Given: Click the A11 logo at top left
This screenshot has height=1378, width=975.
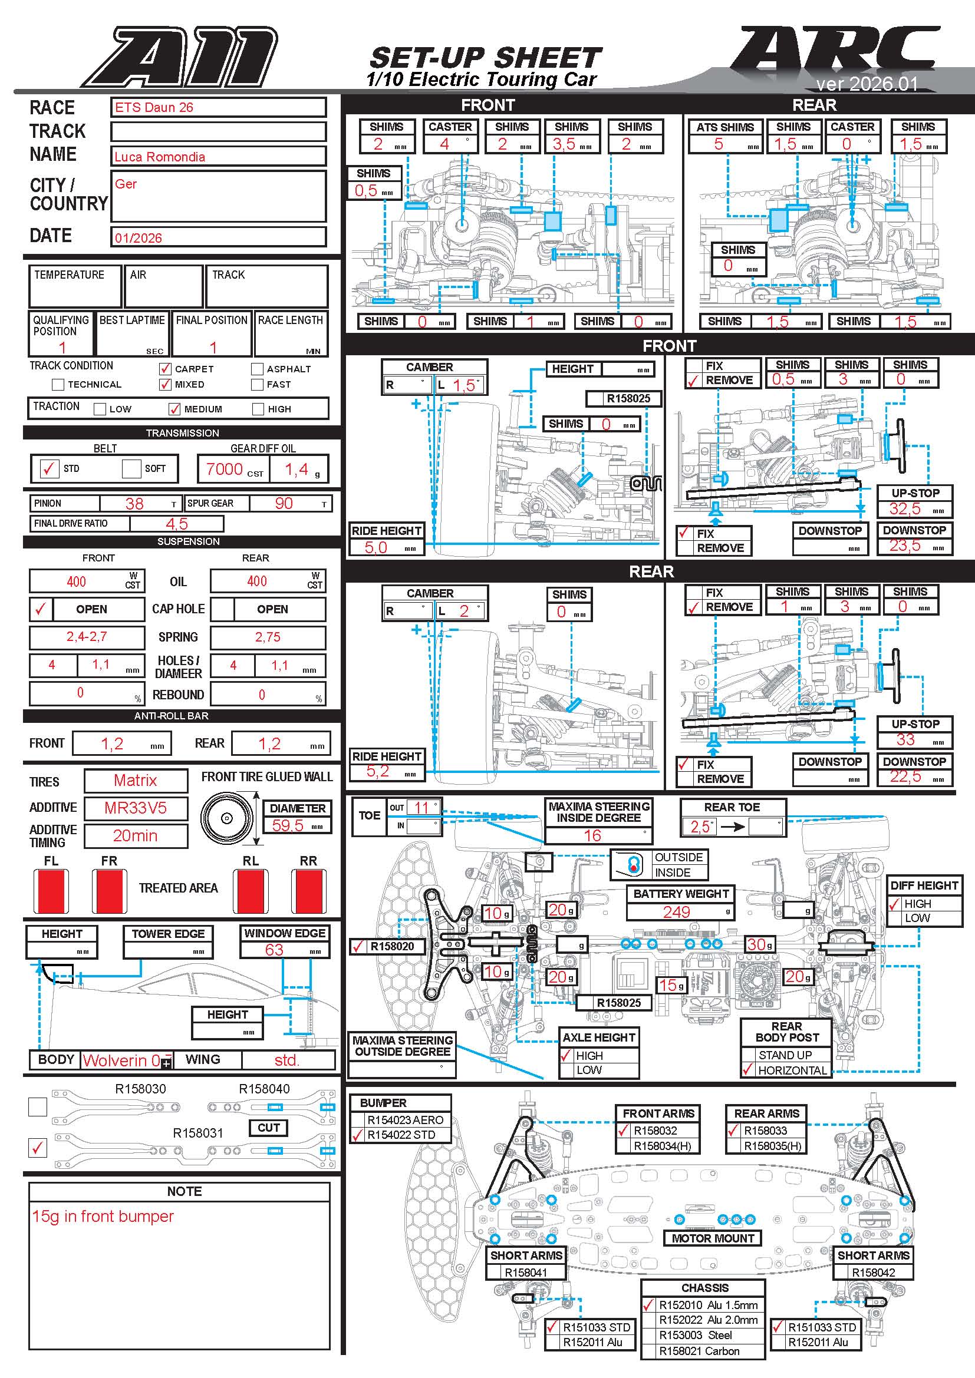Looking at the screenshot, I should coord(180,57).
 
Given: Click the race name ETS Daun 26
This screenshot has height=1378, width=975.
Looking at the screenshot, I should coord(154,107).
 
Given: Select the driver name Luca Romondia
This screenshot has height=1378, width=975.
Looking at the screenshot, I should coord(160,157).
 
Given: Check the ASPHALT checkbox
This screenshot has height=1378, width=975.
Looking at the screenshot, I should coord(258,368).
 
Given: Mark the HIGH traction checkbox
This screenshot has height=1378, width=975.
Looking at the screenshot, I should coord(258,409).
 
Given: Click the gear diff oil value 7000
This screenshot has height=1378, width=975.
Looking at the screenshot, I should coord(224,470).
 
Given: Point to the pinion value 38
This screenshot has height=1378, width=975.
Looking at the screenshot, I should coord(134,504).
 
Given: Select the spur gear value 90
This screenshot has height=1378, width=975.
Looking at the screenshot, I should coord(284,504).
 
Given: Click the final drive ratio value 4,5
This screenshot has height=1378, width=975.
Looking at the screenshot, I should coord(176,524).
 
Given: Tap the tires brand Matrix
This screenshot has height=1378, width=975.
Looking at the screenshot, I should coord(135,780).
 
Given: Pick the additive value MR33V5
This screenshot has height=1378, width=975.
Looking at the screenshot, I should coord(135,808).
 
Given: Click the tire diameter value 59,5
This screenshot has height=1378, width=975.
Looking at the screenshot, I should coord(288,825).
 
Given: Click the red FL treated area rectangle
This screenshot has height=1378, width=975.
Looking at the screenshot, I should coord(51,891).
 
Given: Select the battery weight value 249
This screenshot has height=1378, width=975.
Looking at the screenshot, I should coord(676,911).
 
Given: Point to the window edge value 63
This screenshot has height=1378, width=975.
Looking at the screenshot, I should coord(274,950).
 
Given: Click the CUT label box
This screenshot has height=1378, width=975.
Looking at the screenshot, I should coord(268,1128).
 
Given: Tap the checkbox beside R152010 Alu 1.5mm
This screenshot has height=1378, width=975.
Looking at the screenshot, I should coord(648,1305).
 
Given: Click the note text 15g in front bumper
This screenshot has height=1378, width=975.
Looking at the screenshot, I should coord(103,1216).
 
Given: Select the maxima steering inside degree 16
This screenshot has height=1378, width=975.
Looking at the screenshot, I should coord(592,835).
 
